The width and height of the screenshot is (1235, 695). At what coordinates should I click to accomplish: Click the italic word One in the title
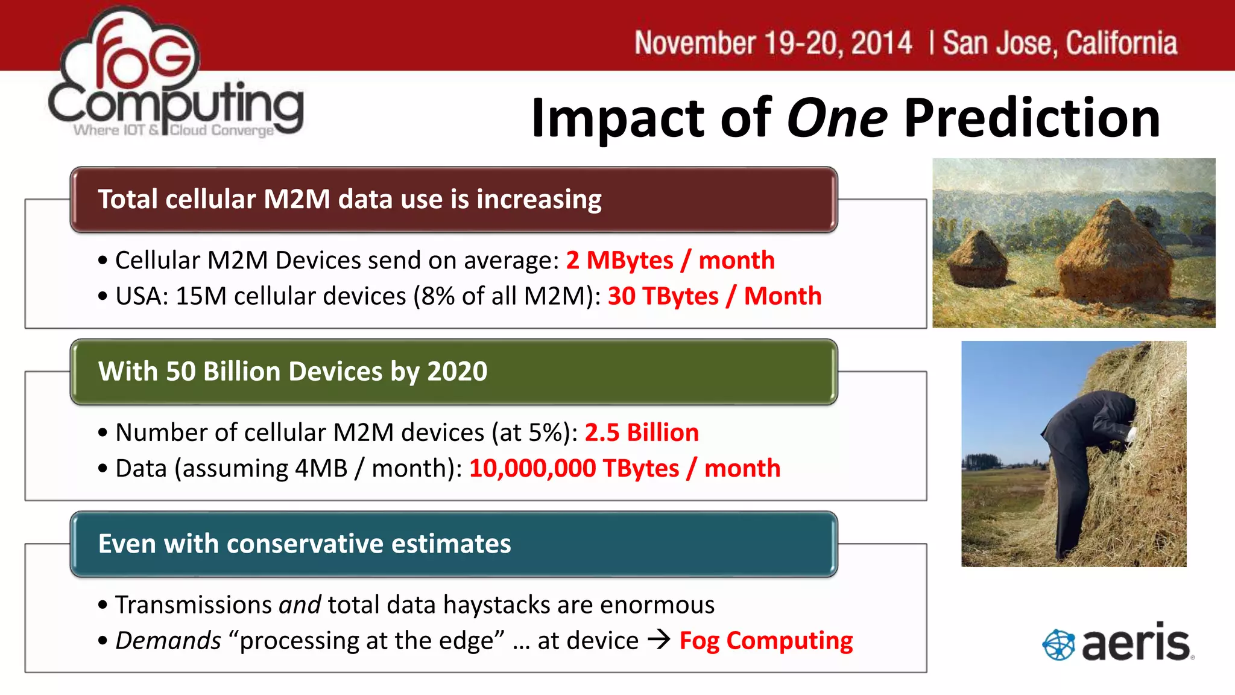836,118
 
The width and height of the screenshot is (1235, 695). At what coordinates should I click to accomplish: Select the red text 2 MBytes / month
670,261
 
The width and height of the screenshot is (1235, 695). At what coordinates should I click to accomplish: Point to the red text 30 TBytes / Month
715,296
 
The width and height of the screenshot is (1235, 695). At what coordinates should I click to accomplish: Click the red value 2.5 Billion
642,433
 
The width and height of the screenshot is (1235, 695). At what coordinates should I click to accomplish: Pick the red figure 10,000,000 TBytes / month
625,468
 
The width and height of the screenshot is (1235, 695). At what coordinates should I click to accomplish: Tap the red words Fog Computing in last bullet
766,641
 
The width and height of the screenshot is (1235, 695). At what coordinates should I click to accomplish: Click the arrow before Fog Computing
659,639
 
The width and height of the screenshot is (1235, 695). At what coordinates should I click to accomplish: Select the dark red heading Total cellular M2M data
350,200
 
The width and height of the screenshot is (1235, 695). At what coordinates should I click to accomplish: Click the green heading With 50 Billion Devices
293,372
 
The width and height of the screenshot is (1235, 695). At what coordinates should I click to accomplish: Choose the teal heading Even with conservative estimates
305,544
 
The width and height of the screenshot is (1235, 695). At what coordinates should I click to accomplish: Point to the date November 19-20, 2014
773,43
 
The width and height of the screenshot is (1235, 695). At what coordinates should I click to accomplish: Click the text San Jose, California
1060,43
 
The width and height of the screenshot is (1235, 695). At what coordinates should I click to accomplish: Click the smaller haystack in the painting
979,259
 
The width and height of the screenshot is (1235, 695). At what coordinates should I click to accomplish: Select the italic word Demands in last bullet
168,641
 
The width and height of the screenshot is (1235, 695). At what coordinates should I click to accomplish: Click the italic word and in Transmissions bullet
300,605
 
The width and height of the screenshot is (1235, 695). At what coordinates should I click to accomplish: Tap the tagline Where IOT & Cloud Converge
174,130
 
